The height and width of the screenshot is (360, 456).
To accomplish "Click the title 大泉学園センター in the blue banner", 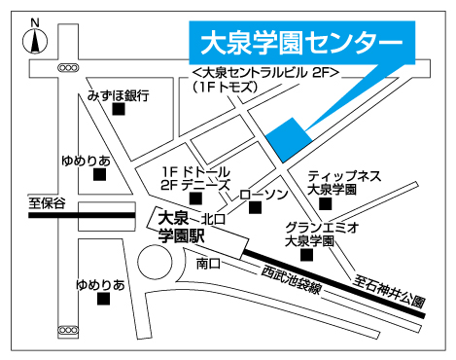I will (x=300, y=43).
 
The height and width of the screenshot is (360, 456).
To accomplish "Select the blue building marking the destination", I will (x=289, y=138).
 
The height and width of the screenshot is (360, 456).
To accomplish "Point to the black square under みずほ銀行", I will (x=119, y=110).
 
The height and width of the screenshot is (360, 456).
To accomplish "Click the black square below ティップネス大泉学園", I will (x=326, y=204).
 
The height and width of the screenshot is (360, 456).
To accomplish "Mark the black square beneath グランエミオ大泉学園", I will (x=307, y=256).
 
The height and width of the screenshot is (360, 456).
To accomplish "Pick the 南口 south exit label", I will (x=208, y=263).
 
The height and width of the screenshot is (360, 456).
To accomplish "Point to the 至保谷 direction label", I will (x=47, y=203).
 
